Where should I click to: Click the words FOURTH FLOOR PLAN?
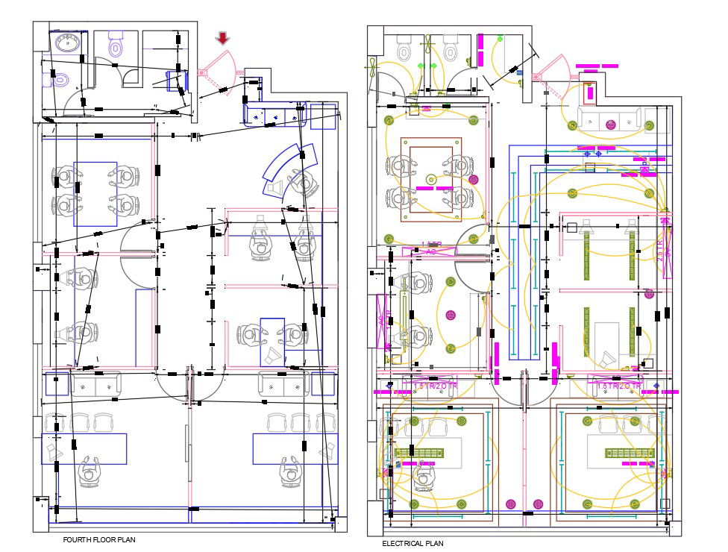[99, 539]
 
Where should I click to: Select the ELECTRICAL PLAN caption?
[412, 544]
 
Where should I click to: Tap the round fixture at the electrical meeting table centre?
[430, 179]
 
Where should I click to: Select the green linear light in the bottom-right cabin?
[630, 453]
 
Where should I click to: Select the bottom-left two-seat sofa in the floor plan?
[96, 383]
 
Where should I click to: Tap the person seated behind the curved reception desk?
[303, 182]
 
